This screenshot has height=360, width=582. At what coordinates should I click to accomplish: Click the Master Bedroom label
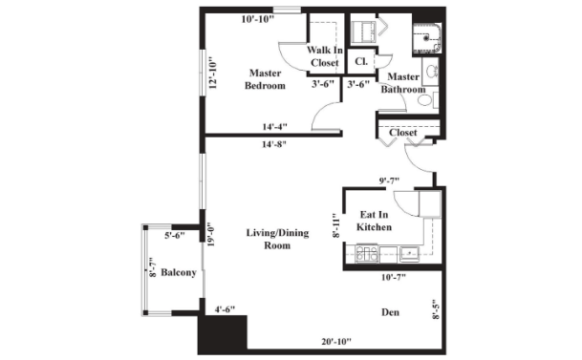tap(265, 79)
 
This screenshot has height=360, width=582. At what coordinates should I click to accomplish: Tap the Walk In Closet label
tap(325, 56)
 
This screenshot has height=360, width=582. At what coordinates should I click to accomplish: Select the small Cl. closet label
tap(361, 61)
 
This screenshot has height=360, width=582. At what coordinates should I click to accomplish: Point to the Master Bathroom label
tap(403, 83)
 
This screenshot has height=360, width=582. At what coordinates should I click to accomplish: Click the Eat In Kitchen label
tap(375, 221)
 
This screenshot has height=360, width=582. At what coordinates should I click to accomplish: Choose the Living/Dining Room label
tap(277, 239)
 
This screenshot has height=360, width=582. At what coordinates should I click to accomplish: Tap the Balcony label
tap(178, 273)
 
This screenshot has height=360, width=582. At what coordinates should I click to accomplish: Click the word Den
tap(391, 312)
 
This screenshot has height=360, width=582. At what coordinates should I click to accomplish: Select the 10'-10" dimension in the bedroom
tap(258, 19)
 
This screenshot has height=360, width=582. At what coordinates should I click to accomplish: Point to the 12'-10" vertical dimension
tap(213, 73)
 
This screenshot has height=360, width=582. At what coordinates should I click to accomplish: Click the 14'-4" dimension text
tap(274, 127)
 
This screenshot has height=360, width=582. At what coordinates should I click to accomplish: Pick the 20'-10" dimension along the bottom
tap(336, 342)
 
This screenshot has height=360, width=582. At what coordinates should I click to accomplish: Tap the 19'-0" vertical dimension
tap(211, 234)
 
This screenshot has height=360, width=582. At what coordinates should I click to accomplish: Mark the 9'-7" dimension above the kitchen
tap(389, 180)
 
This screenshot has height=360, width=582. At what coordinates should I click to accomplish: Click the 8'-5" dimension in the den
tap(436, 309)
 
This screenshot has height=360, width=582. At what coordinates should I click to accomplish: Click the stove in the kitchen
tap(366, 254)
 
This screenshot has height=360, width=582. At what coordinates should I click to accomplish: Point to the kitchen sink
tap(409, 254)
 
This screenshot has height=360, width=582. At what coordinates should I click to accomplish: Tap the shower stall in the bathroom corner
tap(427, 38)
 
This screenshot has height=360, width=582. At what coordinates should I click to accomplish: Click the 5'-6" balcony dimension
tap(175, 235)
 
